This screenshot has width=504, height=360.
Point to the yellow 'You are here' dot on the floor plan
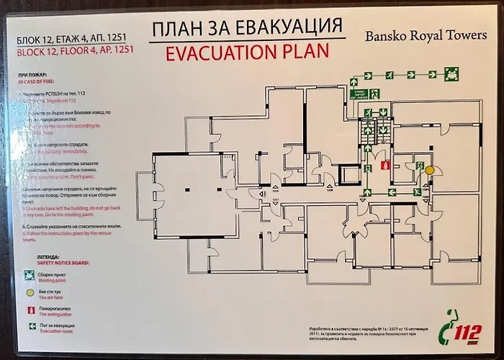point(430,169)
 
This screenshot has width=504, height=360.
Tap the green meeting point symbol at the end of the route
point(452,72)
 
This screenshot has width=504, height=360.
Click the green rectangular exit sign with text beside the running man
point(360,93)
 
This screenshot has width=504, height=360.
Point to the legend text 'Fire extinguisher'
point(55,315)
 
